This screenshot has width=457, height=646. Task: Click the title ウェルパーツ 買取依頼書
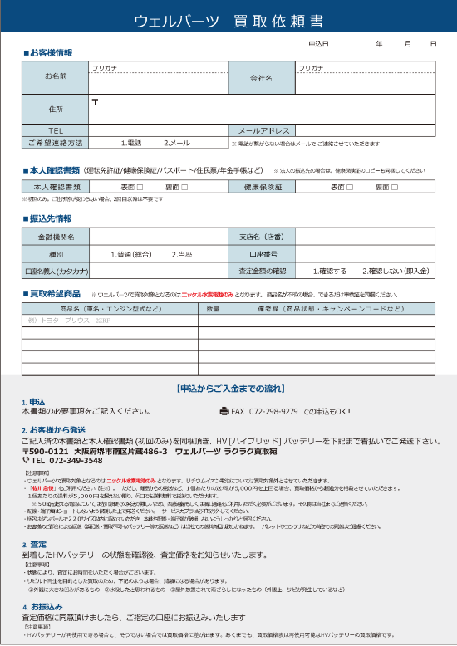(228, 20)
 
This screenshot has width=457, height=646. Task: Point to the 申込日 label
(318, 42)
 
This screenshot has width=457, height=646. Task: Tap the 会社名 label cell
(261, 77)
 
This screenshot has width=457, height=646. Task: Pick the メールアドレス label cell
(263, 130)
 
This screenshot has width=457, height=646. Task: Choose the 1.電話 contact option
(131, 143)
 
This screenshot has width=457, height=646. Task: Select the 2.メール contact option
(176, 143)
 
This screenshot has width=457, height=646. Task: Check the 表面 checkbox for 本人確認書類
(140, 187)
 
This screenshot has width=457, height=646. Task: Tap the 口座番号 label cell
(261, 254)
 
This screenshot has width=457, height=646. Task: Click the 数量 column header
(213, 308)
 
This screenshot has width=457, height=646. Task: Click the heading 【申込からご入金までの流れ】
(228, 388)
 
